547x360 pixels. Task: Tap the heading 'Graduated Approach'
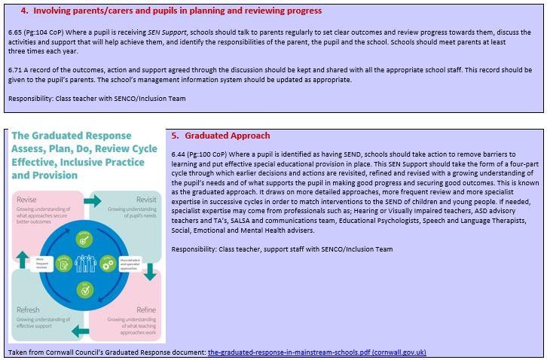[227, 136]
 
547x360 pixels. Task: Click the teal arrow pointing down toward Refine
[150, 273]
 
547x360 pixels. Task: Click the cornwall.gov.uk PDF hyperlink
[316, 352]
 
